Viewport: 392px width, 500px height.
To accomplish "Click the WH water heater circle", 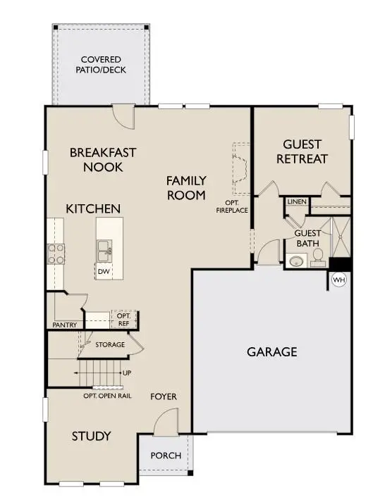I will click(339, 280).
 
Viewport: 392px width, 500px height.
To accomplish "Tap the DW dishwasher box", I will click(103, 270).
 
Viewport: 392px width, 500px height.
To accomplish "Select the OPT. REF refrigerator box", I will click(124, 320).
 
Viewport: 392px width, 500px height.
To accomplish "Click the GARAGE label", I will click(271, 351).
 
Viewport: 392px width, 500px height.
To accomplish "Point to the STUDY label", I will click(92, 437).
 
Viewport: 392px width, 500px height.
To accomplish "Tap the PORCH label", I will click(165, 456).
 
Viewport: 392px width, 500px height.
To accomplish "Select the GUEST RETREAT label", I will click(302, 151).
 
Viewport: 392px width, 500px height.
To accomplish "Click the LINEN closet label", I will click(297, 202).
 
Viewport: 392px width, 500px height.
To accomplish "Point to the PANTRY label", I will click(64, 325).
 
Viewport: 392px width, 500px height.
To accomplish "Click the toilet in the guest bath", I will click(318, 256).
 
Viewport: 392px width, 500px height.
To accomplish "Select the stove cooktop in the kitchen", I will click(56, 254).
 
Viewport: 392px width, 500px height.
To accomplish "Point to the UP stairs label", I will click(127, 373).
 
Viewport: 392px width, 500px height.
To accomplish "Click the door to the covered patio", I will click(124, 116).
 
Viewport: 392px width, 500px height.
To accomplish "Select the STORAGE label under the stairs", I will click(111, 344).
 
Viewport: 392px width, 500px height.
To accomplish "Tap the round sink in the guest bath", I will click(295, 262).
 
